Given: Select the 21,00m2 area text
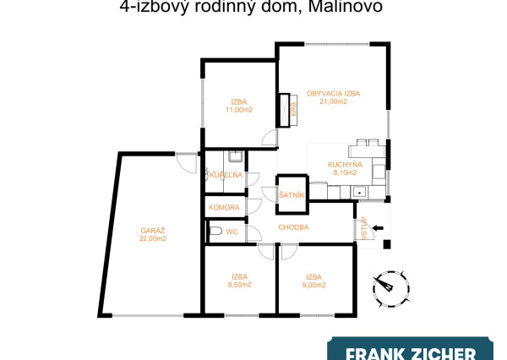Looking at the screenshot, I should pos(333,101).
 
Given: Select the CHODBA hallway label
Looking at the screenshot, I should pos(293,227).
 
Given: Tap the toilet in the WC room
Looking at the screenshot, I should pos(216,232).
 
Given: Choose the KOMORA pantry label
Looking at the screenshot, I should pos(225,207).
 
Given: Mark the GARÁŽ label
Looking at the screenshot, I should pos(151,230).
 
